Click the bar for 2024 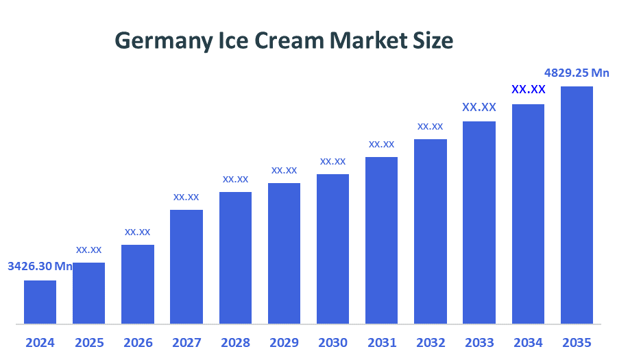(x=40, y=302)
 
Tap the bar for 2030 (x=332, y=248)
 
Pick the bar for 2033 (x=479, y=222)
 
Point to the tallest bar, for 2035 (x=577, y=204)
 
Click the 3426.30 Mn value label (x=40, y=266)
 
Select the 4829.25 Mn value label (x=577, y=73)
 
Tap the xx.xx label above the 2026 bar (x=137, y=232)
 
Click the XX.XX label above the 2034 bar (x=528, y=90)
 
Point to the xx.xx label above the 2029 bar (x=284, y=170)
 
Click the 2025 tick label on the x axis (x=88, y=342)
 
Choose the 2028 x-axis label (x=235, y=342)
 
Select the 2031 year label (x=381, y=342)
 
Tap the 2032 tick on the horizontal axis (x=431, y=342)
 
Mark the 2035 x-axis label (x=577, y=342)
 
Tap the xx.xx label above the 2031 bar (x=381, y=144)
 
